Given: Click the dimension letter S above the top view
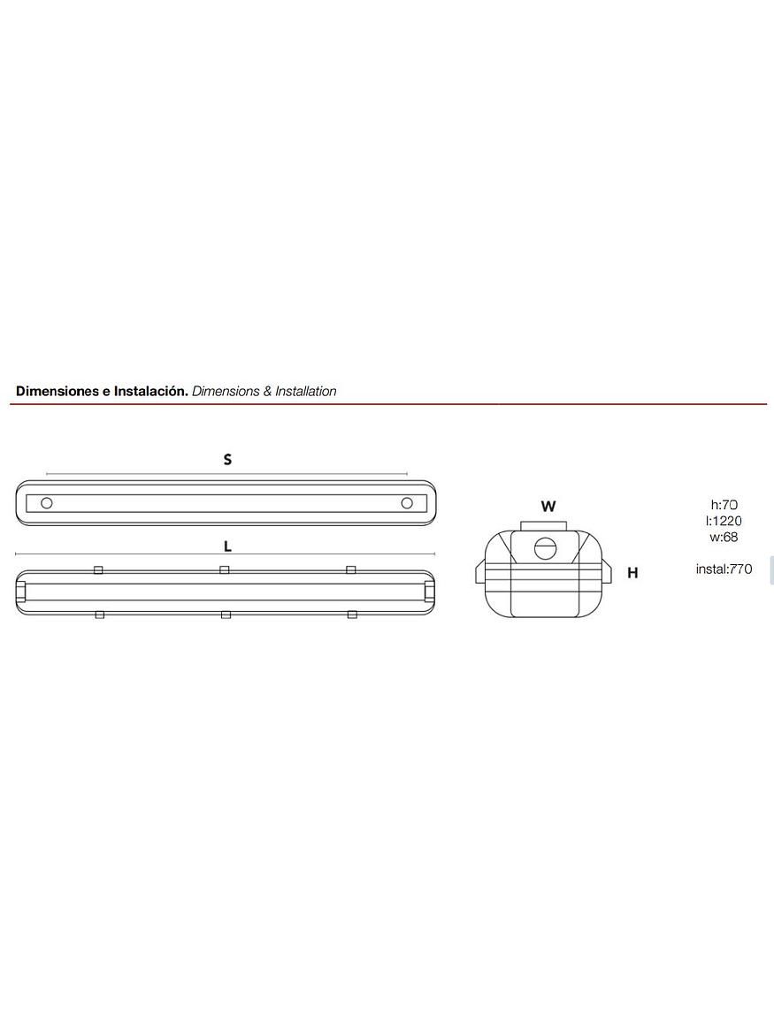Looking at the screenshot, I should [x=227, y=460].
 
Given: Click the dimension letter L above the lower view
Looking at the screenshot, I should [x=227, y=546].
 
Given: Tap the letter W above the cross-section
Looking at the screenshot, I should [x=548, y=507].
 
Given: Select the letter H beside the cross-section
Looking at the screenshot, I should [x=632, y=573].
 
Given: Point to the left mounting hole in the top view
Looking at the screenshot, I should [x=47, y=503].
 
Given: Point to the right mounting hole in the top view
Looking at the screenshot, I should [x=407, y=503].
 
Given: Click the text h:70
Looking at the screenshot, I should [x=724, y=505].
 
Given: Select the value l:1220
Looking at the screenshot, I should [x=724, y=521].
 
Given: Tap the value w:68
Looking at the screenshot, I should [x=724, y=537].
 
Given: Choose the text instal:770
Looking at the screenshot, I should [x=724, y=569].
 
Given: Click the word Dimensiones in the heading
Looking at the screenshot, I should [x=57, y=391].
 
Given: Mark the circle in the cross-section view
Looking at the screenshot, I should [x=546, y=548].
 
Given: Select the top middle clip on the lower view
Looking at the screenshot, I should [x=225, y=570].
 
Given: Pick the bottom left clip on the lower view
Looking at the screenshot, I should [x=99, y=614].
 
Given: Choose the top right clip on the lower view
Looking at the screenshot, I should [x=351, y=570].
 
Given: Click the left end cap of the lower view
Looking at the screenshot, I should [x=20, y=592].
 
